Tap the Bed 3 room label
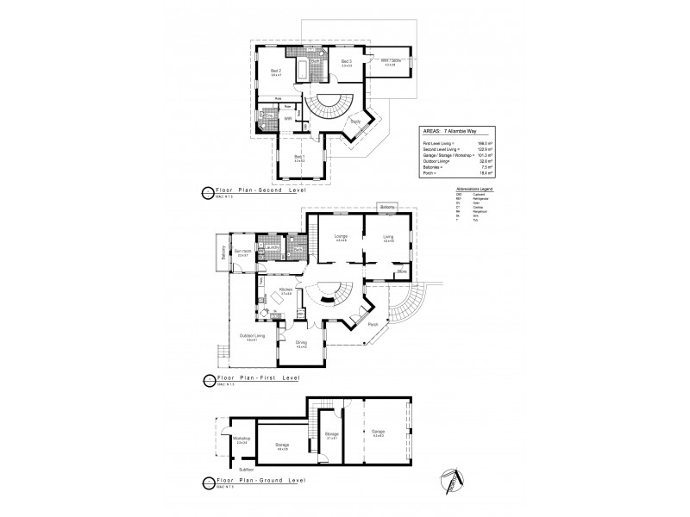[x=346, y=62]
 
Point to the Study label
[x=354, y=121]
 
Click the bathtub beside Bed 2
[x=302, y=71]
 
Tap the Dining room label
[x=301, y=344]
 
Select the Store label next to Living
[x=401, y=272]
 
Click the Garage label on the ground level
[x=379, y=431]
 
